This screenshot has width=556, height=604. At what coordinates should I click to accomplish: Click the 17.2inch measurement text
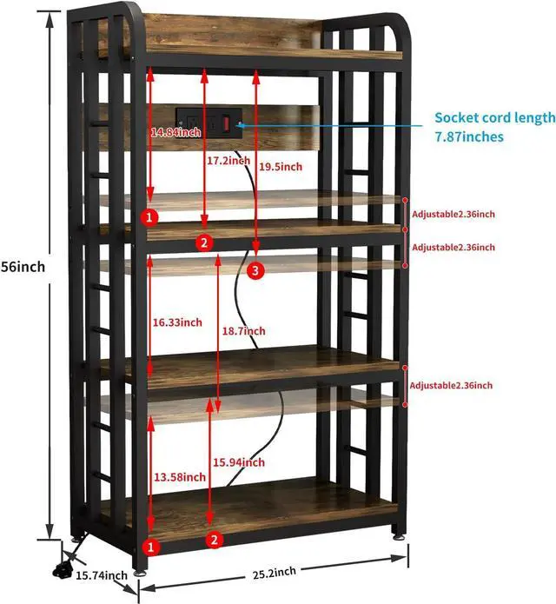coord(229,161)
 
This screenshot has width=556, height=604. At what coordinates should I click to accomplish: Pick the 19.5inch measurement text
coord(281,167)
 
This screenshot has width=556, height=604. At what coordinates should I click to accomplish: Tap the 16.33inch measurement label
coord(177,322)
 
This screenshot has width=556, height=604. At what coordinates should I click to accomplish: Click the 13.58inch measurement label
coord(179,476)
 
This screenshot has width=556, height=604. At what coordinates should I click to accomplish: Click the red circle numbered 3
coord(255,272)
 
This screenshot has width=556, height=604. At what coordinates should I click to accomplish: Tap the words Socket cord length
coord(494,117)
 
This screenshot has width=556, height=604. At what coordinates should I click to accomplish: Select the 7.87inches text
coord(469,136)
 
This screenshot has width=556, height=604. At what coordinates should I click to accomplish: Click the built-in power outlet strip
coord(208,119)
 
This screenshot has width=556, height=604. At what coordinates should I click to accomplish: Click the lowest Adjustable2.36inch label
coord(452,385)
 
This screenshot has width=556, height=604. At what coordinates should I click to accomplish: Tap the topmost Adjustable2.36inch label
coord(453,213)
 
